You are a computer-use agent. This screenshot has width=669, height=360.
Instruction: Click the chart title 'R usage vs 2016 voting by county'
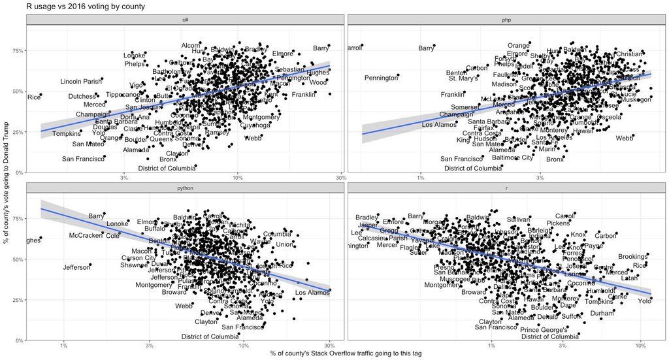85,7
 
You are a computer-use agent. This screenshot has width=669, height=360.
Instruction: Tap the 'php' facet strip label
507,20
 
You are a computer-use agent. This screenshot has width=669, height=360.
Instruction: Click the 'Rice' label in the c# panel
33,97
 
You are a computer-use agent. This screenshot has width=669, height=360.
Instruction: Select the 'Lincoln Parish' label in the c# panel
81,82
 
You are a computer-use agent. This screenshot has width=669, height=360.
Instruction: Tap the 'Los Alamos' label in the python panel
311,293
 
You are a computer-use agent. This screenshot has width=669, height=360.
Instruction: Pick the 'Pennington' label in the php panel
381,78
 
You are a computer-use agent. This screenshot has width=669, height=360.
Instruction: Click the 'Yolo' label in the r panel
645,301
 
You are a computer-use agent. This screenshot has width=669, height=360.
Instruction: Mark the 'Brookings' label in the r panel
632,257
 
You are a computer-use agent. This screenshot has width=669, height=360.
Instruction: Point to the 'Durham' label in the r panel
602,313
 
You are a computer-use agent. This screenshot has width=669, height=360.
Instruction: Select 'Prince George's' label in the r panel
543,330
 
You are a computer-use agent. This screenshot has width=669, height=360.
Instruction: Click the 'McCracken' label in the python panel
86,235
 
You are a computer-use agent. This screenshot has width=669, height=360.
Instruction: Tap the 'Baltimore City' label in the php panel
512,157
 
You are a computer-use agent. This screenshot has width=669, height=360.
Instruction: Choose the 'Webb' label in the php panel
625,138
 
